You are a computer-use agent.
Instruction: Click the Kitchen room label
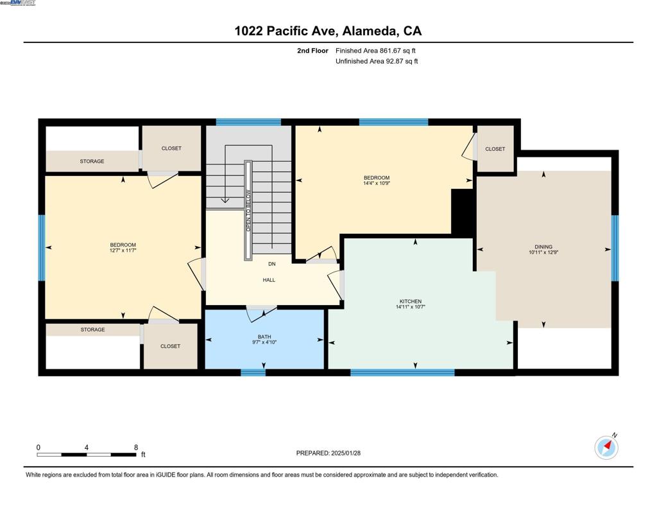[411, 301]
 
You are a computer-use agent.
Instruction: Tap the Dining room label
[543, 247]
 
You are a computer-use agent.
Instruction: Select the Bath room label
[264, 337]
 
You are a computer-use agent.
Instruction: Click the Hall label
[269, 280]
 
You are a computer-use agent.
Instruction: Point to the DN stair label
[272, 264]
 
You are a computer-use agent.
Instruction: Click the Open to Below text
[248, 211]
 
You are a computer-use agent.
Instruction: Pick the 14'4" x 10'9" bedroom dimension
[377, 183]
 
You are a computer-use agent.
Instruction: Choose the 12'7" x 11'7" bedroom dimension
[123, 250]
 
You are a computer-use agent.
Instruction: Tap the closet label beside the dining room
[495, 149]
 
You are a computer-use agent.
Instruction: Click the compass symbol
[606, 447]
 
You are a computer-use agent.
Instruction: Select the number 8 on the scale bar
[136, 448]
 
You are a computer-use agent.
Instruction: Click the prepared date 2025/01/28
[346, 453]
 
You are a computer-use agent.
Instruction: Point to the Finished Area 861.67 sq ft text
[375, 51]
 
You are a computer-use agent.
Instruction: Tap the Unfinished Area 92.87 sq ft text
[377, 61]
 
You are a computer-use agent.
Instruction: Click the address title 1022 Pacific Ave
[286, 31]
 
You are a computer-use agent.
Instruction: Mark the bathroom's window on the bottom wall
[253, 372]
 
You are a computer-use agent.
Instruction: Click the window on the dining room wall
[615, 248]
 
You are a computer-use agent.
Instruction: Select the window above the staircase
[248, 122]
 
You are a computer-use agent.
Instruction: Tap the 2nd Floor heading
[312, 51]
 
